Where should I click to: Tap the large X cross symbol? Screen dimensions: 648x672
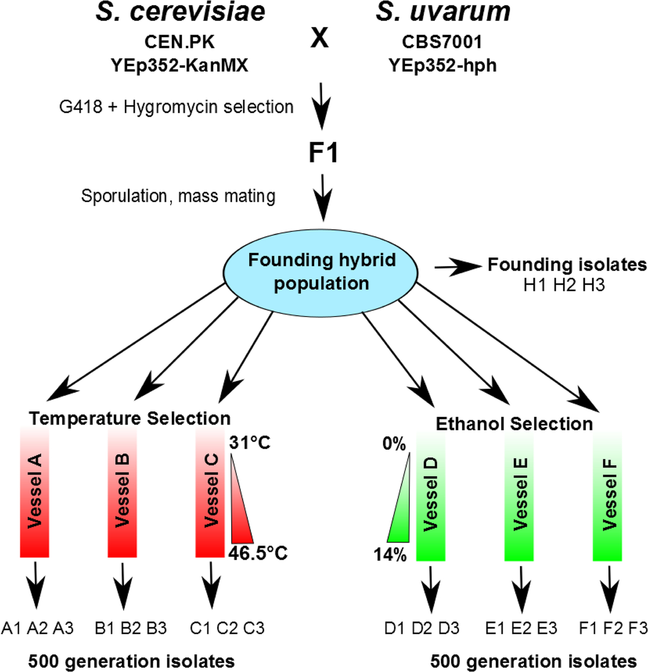point(319,38)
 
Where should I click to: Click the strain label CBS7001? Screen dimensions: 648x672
point(442,42)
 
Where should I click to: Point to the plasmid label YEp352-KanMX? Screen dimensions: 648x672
point(179,65)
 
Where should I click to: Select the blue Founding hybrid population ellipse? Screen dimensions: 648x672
point(321,273)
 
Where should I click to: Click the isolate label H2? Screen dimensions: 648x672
point(564,286)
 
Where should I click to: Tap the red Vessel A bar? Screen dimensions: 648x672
point(35,492)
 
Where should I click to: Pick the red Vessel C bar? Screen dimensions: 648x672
point(210,492)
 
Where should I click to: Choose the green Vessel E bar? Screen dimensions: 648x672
point(519,496)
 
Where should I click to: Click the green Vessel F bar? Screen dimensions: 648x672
point(607,496)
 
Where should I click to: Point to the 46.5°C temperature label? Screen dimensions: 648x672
point(258,553)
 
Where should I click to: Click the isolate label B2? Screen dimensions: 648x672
point(131,628)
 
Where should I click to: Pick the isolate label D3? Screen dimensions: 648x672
point(449,628)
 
